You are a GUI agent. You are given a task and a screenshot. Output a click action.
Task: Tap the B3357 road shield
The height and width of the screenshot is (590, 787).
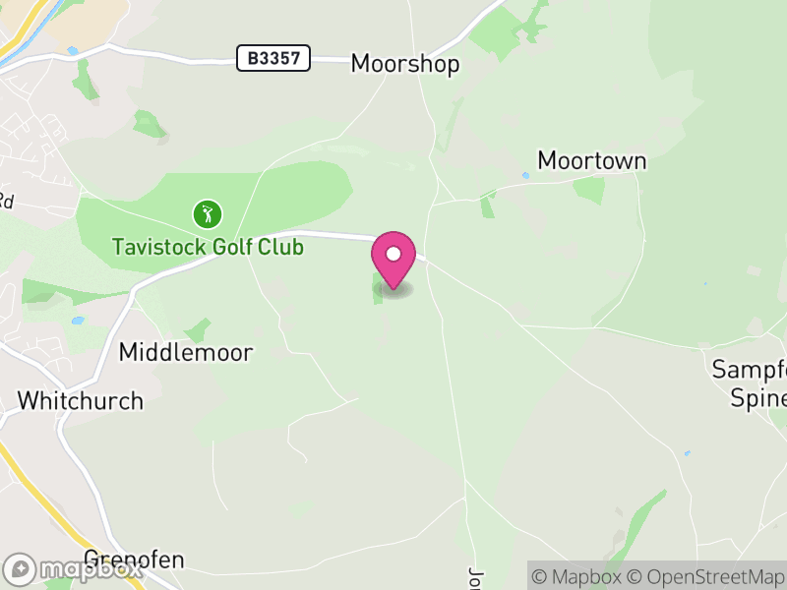(273, 59)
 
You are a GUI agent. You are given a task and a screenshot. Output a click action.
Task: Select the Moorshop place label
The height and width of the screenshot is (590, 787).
(405, 65)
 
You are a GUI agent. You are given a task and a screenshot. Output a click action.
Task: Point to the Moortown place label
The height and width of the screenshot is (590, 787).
(592, 160)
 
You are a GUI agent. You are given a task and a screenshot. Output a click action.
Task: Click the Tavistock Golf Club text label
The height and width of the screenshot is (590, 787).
(208, 246)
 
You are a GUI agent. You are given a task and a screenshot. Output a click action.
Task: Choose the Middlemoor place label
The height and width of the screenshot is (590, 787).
(186, 352)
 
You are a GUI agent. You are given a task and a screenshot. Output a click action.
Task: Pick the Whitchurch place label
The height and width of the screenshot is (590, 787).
(81, 401)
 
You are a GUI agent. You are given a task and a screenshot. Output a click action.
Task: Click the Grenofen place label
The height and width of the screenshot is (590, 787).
(135, 560)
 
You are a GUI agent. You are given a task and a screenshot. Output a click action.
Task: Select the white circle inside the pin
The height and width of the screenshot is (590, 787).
(393, 255)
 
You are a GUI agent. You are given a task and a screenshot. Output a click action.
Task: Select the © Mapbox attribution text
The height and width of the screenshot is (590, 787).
(578, 576)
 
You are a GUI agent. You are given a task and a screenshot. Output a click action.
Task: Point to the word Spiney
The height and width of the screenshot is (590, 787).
(759, 398)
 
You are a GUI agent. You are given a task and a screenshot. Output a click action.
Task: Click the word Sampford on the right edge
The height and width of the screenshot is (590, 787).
(751, 370)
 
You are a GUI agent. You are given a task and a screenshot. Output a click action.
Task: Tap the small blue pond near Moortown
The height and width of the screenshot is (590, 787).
(525, 176)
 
